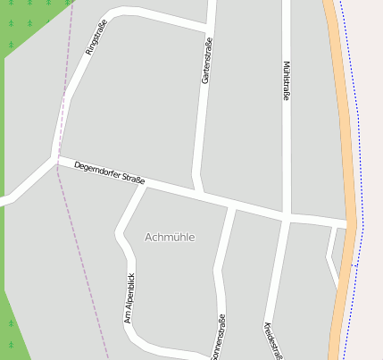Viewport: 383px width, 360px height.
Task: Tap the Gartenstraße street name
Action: click(207, 61)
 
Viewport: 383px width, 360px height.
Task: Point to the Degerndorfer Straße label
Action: click(110, 172)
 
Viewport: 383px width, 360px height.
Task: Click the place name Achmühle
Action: click(170, 237)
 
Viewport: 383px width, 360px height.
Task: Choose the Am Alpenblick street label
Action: click(129, 297)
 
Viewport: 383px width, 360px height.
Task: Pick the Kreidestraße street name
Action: click(271, 340)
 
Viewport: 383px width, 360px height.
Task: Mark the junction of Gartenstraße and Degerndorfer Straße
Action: click(200, 193)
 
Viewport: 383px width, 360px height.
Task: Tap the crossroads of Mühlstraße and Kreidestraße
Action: click(287, 217)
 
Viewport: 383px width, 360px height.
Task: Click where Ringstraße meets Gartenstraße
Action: click(211, 28)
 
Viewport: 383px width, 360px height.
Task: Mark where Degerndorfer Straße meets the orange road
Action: click(349, 223)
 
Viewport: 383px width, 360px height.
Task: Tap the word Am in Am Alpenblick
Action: click(128, 318)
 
